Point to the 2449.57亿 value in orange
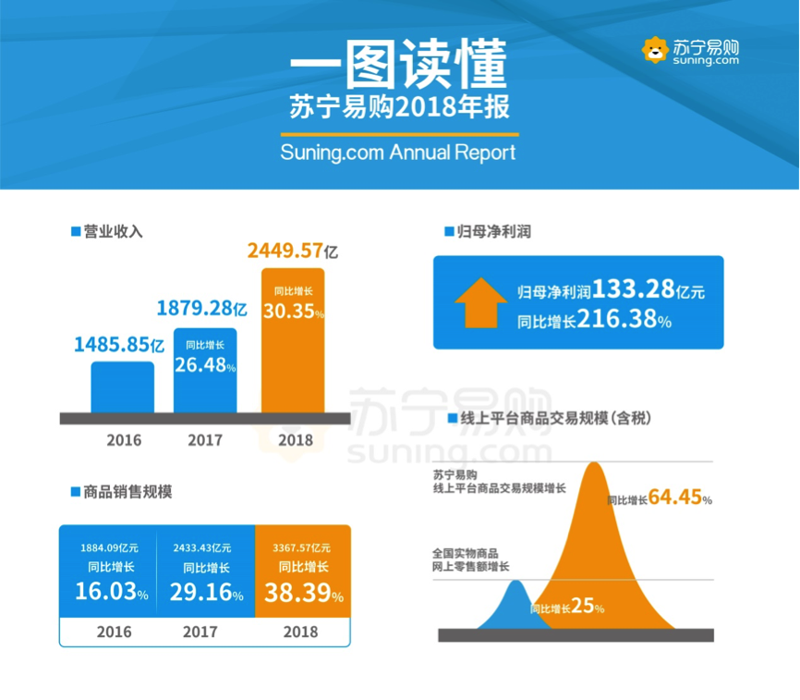[292, 251]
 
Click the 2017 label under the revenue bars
[205, 440]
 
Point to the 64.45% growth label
[679, 497]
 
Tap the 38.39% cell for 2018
[303, 592]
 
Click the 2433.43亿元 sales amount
[202, 547]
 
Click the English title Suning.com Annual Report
[398, 153]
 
